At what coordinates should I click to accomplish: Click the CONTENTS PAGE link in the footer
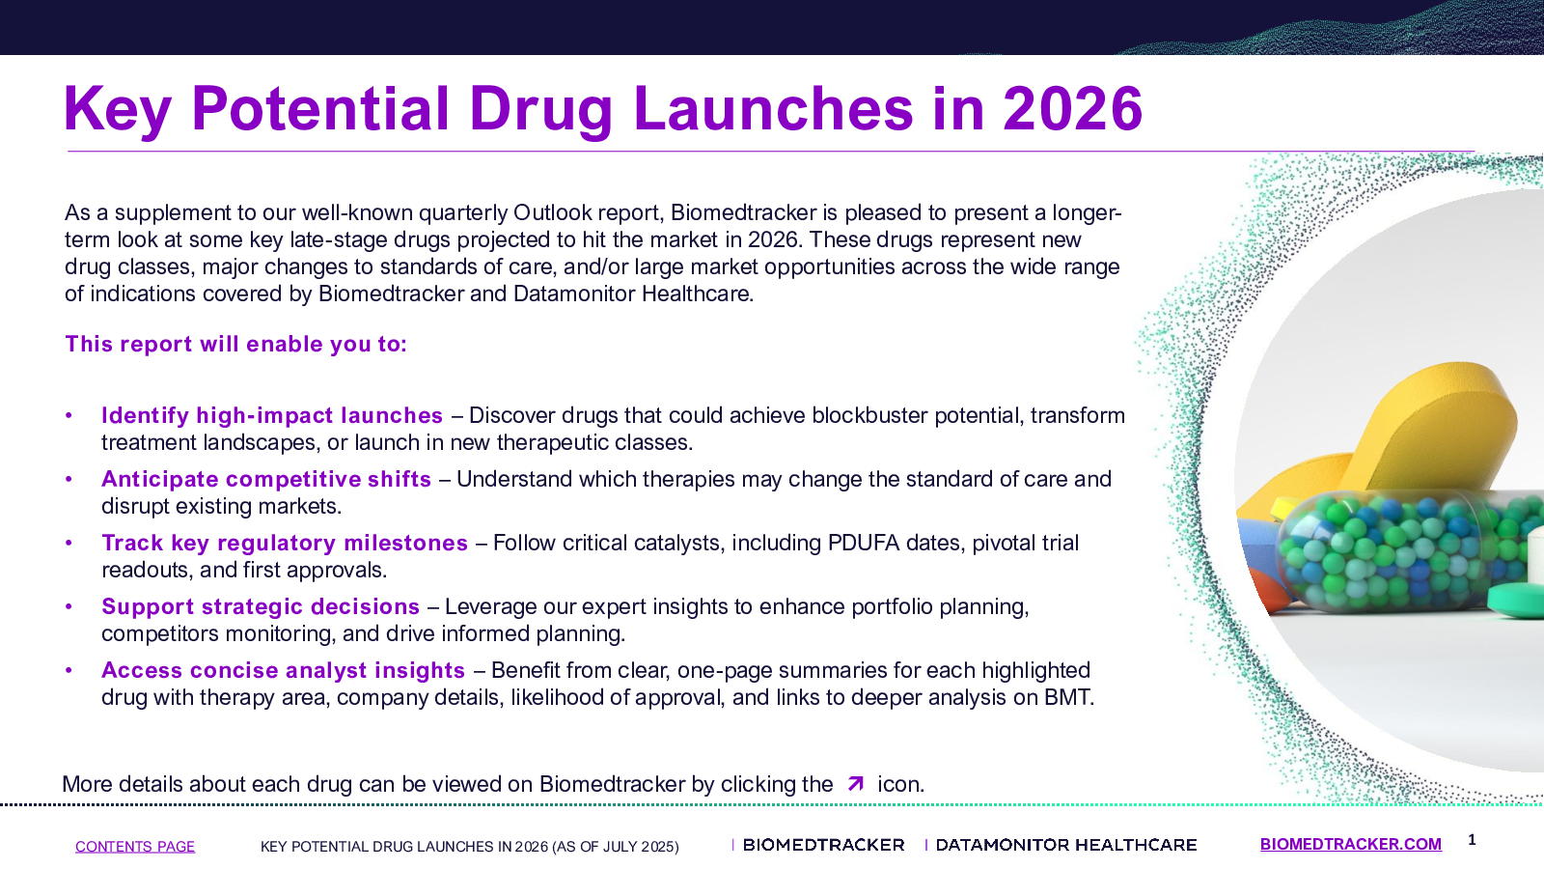click(135, 846)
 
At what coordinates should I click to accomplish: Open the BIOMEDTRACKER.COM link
click(1350, 844)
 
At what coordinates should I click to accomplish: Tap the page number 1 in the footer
click(1472, 840)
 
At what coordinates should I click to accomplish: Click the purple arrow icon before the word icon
click(855, 783)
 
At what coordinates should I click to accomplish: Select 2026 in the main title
click(1072, 108)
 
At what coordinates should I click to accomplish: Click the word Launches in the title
click(773, 108)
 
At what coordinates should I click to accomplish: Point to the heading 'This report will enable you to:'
click(235, 344)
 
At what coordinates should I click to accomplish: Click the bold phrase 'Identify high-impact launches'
click(271, 415)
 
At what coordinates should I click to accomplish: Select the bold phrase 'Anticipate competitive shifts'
click(266, 479)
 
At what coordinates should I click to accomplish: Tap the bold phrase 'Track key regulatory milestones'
click(285, 543)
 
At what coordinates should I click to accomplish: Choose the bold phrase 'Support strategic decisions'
click(261, 606)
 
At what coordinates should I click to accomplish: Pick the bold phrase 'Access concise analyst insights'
click(284, 670)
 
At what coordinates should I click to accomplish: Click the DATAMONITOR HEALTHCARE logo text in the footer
click(1065, 845)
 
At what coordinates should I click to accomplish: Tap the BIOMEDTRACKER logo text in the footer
click(823, 845)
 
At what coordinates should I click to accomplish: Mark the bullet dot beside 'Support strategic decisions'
click(69, 607)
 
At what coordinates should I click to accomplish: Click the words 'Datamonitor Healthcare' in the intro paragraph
click(632, 294)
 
